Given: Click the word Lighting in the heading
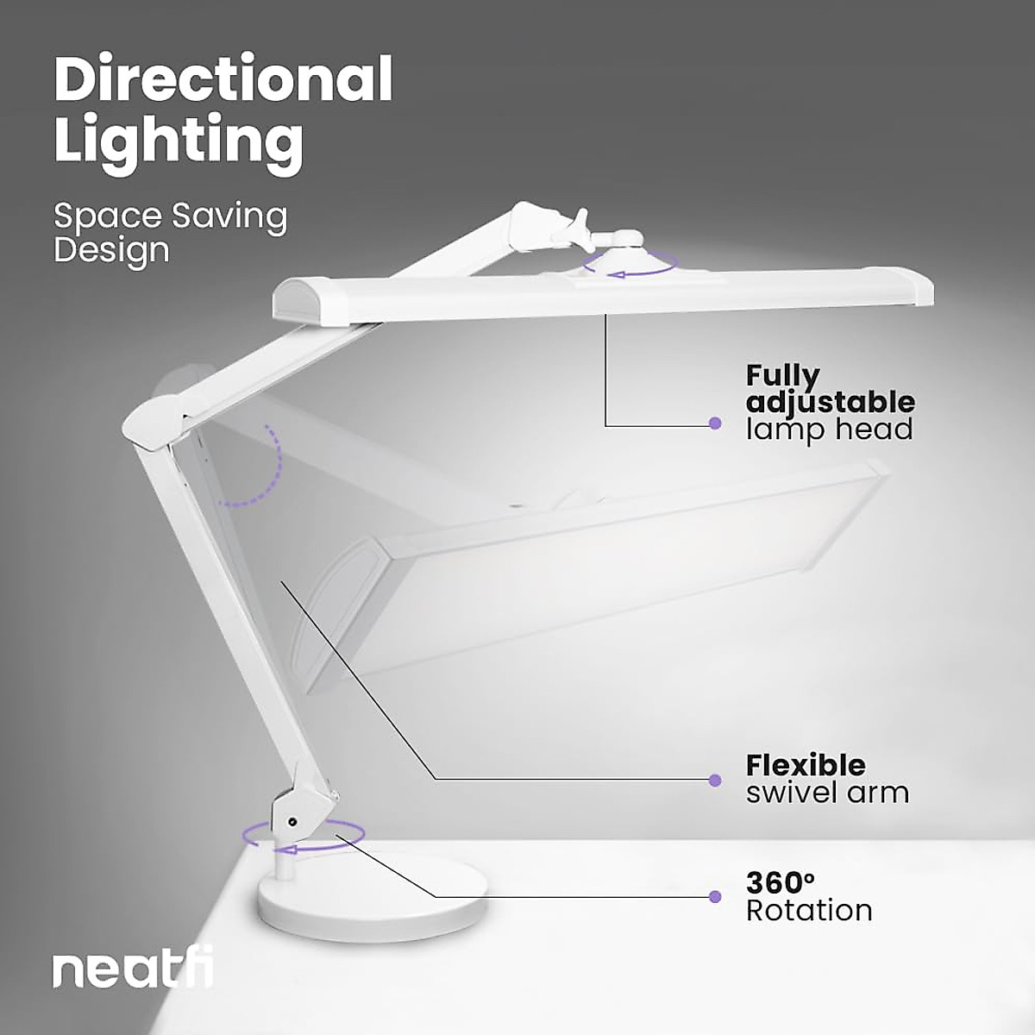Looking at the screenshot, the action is [x=179, y=141].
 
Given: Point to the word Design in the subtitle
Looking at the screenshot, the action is [x=111, y=251].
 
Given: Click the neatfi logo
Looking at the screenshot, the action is [x=133, y=970].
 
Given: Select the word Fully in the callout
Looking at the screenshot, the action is [x=782, y=376].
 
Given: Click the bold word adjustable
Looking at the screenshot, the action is [x=830, y=402].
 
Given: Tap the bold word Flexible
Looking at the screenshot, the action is [x=806, y=765].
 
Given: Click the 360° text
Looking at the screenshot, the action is [x=780, y=883].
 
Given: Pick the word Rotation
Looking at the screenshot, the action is [x=809, y=911].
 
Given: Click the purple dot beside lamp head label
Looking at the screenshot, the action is [x=714, y=423].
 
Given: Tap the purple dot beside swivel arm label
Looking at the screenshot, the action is [x=714, y=781].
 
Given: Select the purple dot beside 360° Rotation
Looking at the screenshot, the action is [x=714, y=897].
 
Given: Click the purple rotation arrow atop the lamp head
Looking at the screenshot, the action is [x=627, y=266].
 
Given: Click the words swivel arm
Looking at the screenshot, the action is [x=827, y=793].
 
